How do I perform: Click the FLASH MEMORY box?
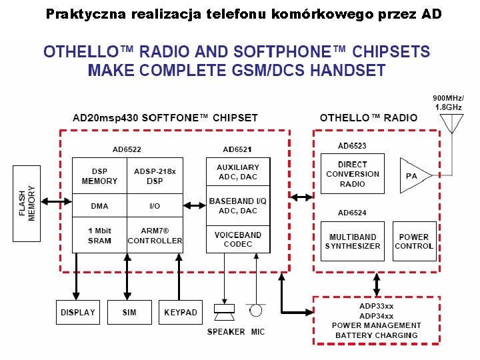tap(27, 203)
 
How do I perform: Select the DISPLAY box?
tap(77, 312)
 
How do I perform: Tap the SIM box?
tap(129, 312)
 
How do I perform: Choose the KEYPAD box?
tap(181, 312)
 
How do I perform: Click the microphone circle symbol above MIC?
tap(255, 311)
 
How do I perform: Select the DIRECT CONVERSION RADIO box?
tap(352, 174)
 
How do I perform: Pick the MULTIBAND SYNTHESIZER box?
tap(352, 241)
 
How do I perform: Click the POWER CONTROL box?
tap(414, 241)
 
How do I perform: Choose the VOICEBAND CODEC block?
tap(238, 239)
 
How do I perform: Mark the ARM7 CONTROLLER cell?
tap(155, 236)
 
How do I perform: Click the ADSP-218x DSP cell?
tap(155, 176)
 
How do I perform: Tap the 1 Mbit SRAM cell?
tap(99, 236)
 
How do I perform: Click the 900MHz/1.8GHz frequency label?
tap(449, 102)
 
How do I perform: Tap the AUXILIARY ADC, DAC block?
tap(238, 172)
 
